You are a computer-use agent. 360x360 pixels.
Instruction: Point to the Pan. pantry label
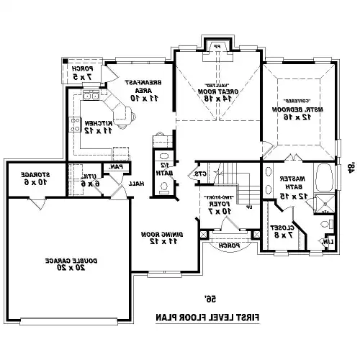[x=115, y=167]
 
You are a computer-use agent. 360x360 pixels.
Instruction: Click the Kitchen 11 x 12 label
[x=95, y=127]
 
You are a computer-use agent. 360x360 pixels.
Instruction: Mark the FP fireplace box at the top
[x=217, y=48]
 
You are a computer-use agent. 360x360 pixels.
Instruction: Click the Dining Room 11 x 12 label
[x=160, y=238]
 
